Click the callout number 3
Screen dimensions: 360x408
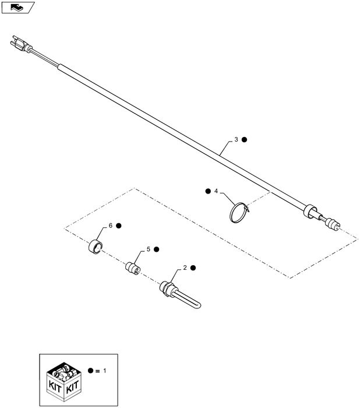coord(236,139)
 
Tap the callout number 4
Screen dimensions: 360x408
coord(216,191)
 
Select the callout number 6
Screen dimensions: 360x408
coord(111,226)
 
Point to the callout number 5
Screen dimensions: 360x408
coord(149,249)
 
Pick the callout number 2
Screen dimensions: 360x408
coord(185,268)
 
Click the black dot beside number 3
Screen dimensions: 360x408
coord(244,140)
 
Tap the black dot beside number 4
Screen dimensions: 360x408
coord(208,191)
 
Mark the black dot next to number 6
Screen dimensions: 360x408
coord(119,226)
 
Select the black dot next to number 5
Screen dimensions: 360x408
coord(156,249)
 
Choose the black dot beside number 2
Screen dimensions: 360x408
coord(193,268)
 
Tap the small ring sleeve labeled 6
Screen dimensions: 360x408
coord(96,247)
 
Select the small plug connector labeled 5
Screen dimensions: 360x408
coord(133,268)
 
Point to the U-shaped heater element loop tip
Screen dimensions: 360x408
coord(198,305)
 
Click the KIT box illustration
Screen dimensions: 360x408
coord(64,382)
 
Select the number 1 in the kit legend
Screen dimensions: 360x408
coord(105,371)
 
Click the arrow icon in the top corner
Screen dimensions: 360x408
coord(17,8)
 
